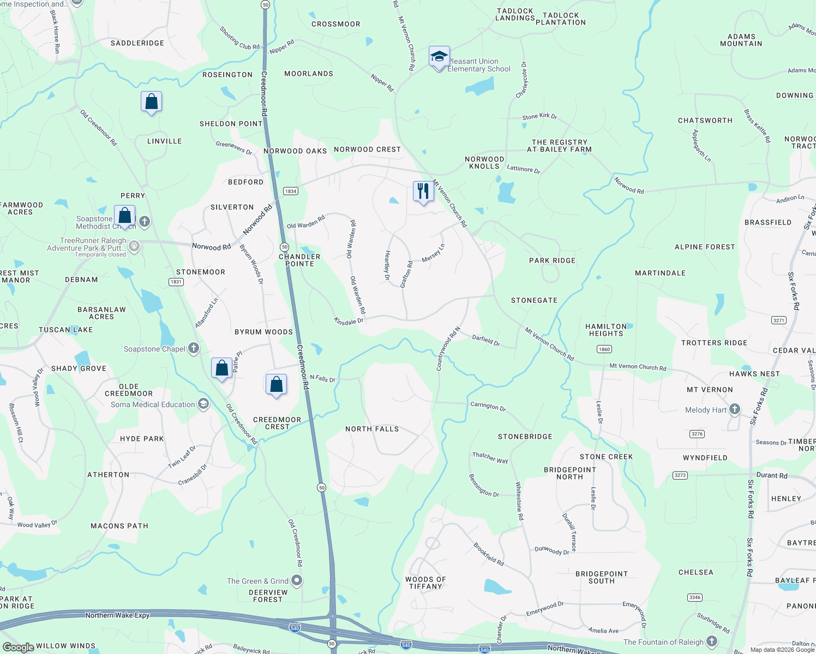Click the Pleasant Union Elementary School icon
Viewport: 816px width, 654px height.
(x=439, y=57)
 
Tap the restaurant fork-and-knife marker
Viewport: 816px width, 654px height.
(x=423, y=191)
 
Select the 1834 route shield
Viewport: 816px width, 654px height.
(x=291, y=191)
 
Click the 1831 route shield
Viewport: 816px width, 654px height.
(x=176, y=282)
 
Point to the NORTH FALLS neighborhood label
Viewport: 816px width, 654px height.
(x=372, y=429)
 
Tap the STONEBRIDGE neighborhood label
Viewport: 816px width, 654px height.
(x=525, y=437)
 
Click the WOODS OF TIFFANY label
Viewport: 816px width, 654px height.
(x=425, y=583)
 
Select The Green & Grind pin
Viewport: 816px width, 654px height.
(x=297, y=580)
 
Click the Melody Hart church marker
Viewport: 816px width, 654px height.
(x=735, y=409)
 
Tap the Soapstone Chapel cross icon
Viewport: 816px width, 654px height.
(x=194, y=348)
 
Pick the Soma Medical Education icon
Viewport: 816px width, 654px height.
(x=203, y=404)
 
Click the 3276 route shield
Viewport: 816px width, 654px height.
(x=697, y=434)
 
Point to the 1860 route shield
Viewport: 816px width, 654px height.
(x=604, y=349)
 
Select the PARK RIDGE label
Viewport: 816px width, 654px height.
(x=552, y=261)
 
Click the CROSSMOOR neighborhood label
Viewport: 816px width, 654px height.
(x=335, y=24)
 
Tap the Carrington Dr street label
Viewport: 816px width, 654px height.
(x=488, y=407)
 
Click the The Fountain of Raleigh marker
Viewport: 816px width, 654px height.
(x=712, y=641)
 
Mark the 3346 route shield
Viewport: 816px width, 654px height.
(x=694, y=597)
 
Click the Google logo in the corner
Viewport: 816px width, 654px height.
(x=18, y=647)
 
